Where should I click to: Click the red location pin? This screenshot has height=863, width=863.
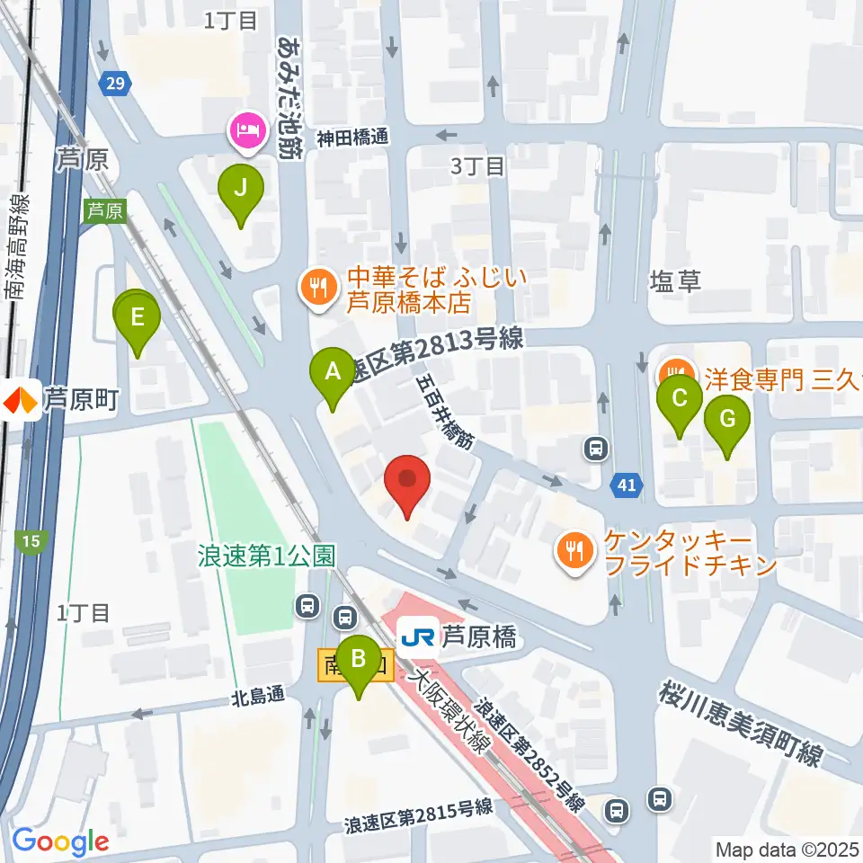point(407,481)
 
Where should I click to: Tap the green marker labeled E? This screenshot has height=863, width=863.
point(138,318)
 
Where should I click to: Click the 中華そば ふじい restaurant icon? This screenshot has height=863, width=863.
point(316,288)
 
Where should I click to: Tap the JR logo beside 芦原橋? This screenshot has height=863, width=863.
point(417,637)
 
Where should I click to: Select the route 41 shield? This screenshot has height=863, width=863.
point(627,486)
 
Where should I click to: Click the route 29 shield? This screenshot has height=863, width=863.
point(113,84)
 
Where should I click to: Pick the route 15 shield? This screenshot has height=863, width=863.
point(31,540)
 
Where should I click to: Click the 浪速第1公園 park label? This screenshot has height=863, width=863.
point(266,555)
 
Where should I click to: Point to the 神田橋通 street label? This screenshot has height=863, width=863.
point(351,138)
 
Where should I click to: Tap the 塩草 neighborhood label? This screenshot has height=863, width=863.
point(674,282)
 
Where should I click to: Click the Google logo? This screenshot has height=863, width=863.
point(61,841)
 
